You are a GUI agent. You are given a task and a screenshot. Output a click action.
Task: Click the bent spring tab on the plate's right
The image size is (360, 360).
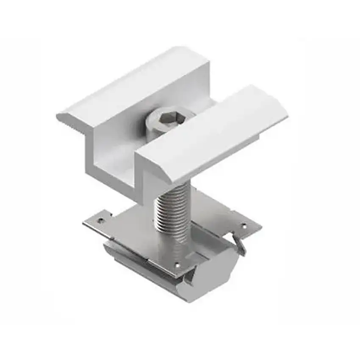coord(239,246)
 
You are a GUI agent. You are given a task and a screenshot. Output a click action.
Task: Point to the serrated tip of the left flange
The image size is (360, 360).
coord(64,117)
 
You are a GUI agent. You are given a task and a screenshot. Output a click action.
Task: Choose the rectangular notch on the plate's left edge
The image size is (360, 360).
coord(108,215)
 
